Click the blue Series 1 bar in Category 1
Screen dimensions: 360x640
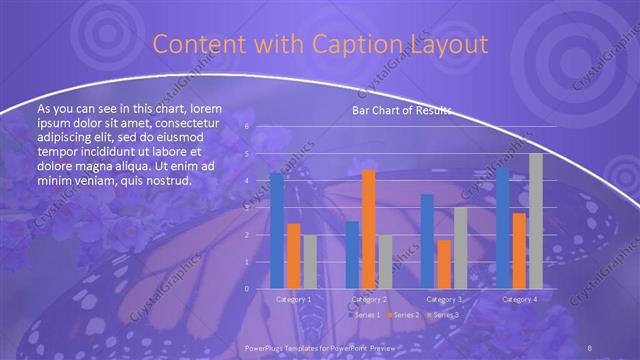pyautogui.click(x=277, y=231)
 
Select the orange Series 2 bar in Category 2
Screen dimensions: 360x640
pyautogui.click(x=368, y=229)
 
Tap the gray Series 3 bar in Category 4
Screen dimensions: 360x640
pyautogui.click(x=536, y=221)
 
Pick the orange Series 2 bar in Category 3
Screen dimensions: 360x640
pyautogui.click(x=444, y=264)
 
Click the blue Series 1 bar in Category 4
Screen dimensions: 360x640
pyautogui.click(x=502, y=228)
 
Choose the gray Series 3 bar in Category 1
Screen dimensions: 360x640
pyautogui.click(x=310, y=262)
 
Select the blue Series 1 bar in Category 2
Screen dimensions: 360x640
pyautogui.click(x=352, y=255)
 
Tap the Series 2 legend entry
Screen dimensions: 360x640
pyautogui.click(x=405, y=315)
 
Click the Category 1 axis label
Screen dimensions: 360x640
pyautogui.click(x=293, y=299)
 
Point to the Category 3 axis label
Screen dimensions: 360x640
pyautogui.click(x=444, y=299)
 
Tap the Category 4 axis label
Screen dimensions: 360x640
pyautogui.click(x=519, y=299)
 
